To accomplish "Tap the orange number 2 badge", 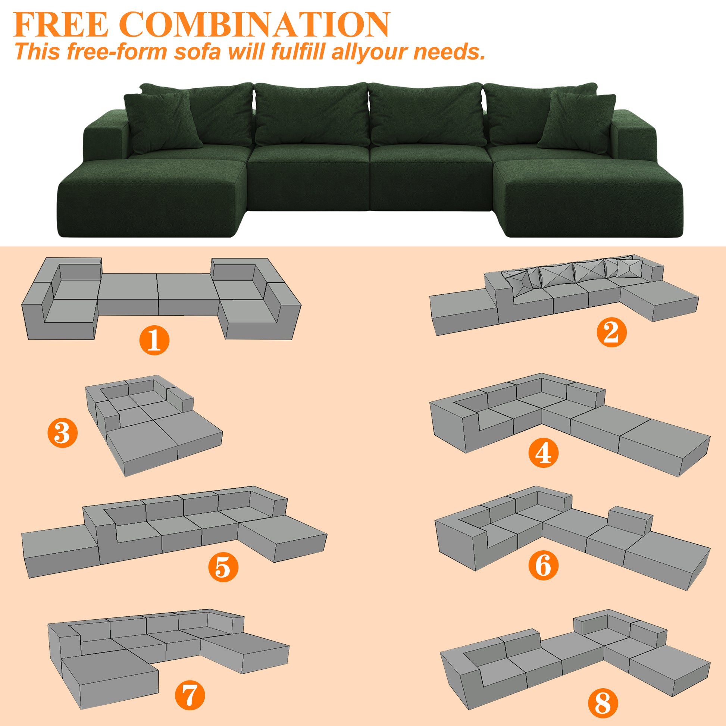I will tap(611, 332).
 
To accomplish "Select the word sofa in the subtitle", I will tap(197, 51).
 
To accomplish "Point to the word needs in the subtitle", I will tap(449, 51).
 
